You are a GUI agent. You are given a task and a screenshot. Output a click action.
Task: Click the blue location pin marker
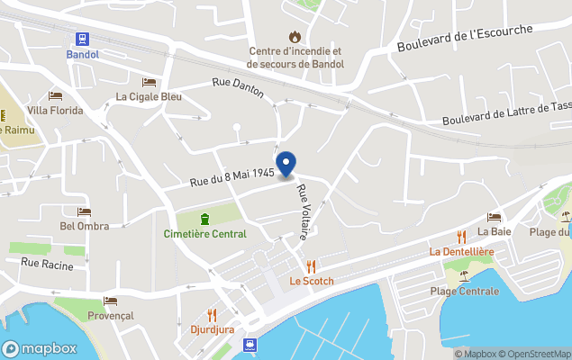pyautogui.click(x=286, y=164)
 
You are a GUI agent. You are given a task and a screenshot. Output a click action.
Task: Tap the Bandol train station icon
pyautogui.click(x=83, y=39)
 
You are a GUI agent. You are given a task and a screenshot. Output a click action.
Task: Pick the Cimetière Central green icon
pyautogui.click(x=204, y=218)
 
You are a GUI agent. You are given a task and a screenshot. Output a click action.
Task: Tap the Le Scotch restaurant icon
pyautogui.click(x=311, y=265)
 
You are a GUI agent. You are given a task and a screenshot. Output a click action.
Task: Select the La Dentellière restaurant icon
pyautogui.click(x=461, y=236)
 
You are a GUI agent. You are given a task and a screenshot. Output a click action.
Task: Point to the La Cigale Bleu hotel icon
pyautogui.click(x=149, y=82)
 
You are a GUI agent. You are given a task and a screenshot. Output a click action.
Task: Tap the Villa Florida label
pyautogui.click(x=55, y=111)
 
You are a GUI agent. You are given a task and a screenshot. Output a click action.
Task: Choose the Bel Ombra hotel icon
pyautogui.click(x=84, y=211)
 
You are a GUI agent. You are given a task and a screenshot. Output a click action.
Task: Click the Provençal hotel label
pyautogui.click(x=111, y=315)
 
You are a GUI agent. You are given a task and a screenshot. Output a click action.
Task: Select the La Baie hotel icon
pyautogui.click(x=494, y=217)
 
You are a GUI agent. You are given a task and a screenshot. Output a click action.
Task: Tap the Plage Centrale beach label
pyautogui.click(x=464, y=291)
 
